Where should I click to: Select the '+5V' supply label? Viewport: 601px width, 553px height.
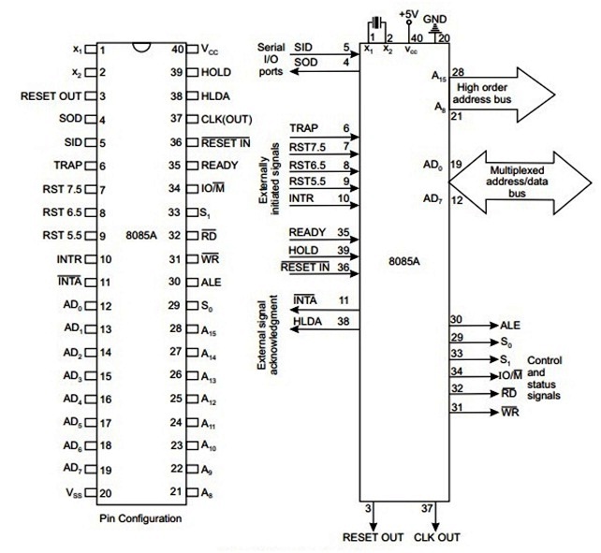[407, 14]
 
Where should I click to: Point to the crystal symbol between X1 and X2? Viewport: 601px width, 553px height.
[376, 23]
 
